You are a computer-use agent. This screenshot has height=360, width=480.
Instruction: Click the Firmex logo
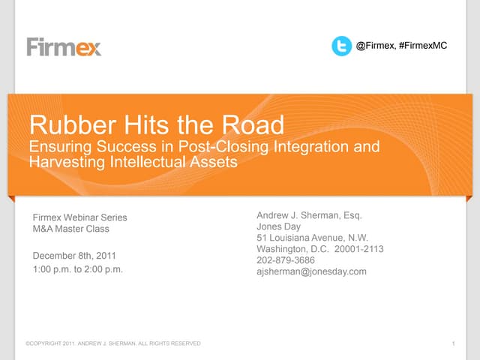(64, 46)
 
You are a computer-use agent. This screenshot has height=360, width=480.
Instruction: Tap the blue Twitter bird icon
(341, 46)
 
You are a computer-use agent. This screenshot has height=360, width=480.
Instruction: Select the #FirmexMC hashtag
(423, 46)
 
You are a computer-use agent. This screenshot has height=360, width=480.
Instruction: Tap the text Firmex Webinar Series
(80, 217)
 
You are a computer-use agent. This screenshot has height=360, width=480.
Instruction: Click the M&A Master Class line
(71, 229)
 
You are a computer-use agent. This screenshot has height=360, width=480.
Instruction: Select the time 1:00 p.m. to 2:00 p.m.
(78, 268)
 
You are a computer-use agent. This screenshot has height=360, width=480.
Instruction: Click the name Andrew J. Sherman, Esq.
(309, 216)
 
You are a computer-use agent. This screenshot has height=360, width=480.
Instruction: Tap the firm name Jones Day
(279, 227)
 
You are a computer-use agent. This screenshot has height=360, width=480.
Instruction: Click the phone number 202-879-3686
(286, 260)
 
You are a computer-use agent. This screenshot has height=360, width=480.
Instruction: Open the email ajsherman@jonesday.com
(311, 271)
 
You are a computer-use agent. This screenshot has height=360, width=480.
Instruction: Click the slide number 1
(454, 343)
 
